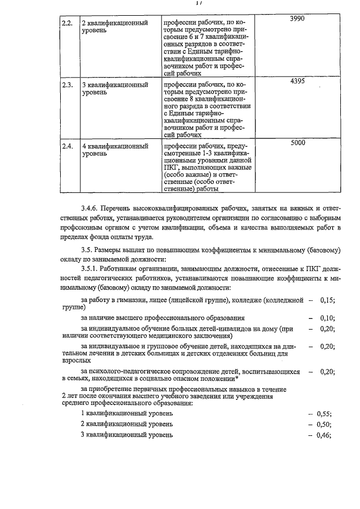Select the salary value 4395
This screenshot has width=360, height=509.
click(x=297, y=82)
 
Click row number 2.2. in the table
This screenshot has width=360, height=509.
click(x=67, y=23)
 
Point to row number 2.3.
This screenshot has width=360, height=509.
click(x=67, y=85)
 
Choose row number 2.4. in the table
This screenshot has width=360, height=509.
click(x=67, y=147)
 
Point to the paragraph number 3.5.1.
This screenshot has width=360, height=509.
click(x=92, y=269)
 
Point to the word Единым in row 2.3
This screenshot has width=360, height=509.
click(x=181, y=112)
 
